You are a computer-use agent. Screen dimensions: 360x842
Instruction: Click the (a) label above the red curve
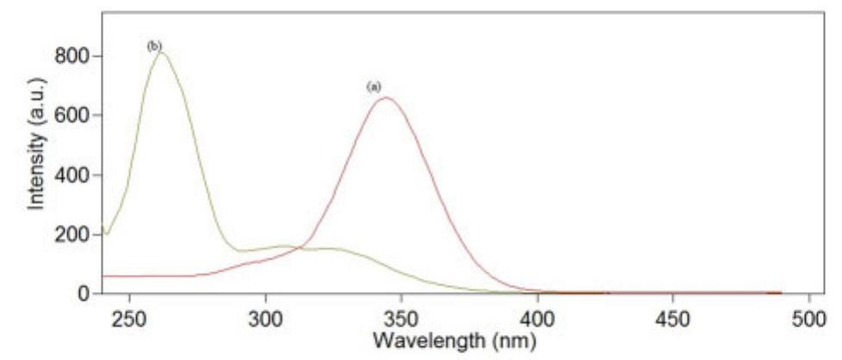point(374,86)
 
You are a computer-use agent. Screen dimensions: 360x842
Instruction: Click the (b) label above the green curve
point(155,46)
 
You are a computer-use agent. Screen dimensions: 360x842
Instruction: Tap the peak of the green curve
point(161,53)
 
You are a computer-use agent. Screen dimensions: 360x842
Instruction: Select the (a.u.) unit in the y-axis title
point(35,106)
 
